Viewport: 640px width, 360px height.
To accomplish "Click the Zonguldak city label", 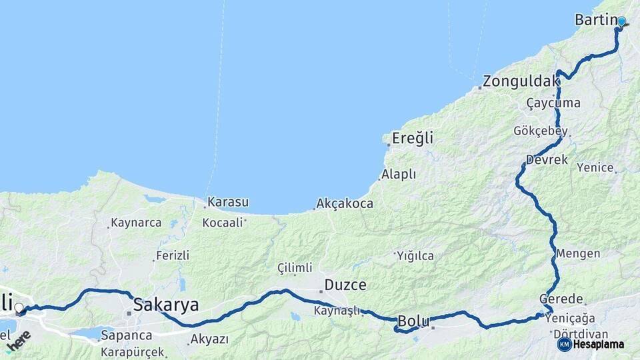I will click(x=521, y=81).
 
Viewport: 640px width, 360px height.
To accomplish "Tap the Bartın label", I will click(x=595, y=20).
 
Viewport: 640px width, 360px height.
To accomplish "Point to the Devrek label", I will click(x=547, y=160).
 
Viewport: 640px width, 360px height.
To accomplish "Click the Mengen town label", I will click(x=578, y=254).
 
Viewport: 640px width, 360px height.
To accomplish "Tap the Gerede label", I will click(x=561, y=299).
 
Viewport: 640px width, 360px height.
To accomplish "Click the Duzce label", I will click(x=345, y=285).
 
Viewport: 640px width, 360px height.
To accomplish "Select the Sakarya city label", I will click(x=166, y=305).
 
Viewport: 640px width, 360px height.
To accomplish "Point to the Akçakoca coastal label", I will click(x=345, y=204).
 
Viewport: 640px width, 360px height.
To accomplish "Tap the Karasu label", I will click(x=228, y=201).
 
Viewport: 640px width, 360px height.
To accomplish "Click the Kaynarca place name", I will click(x=137, y=223).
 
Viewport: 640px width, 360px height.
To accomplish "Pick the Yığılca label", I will click(x=415, y=255).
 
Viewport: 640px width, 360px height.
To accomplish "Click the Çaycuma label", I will click(x=553, y=103).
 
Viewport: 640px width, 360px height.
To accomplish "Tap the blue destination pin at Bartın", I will click(x=621, y=21).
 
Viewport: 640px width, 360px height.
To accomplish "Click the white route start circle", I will click(x=19, y=308).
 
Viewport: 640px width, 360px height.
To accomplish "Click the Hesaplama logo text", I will click(x=599, y=345).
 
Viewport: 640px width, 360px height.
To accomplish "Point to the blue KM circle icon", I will click(x=564, y=345).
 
